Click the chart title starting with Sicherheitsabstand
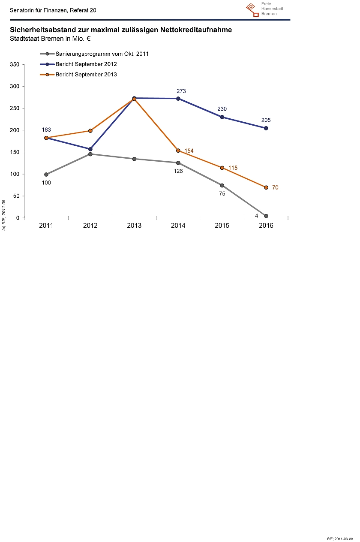(121, 30)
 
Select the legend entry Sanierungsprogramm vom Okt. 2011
(102, 54)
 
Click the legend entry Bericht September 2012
(86, 64)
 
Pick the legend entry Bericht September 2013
(86, 74)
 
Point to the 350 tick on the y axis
(15, 65)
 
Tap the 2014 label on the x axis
(178, 226)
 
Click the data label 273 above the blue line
(181, 91)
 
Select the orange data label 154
(189, 151)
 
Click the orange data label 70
(275, 188)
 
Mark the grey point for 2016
(266, 216)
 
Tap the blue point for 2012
(90, 149)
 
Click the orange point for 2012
(90, 131)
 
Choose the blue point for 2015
(222, 117)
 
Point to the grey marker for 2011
(46, 175)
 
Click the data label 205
(266, 120)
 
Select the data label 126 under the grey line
(178, 171)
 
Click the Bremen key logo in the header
(252, 9)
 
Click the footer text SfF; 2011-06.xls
(340, 538)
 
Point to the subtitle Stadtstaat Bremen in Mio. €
(50, 39)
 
